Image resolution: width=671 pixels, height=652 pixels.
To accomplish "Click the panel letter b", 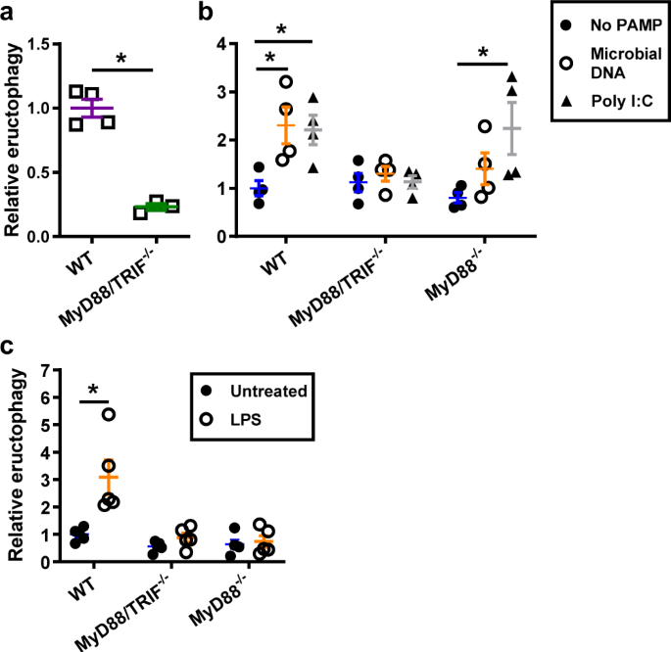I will [207, 12].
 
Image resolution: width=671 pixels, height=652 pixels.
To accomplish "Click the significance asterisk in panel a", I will [121, 60].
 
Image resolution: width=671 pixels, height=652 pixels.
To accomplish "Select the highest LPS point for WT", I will [110, 414].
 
